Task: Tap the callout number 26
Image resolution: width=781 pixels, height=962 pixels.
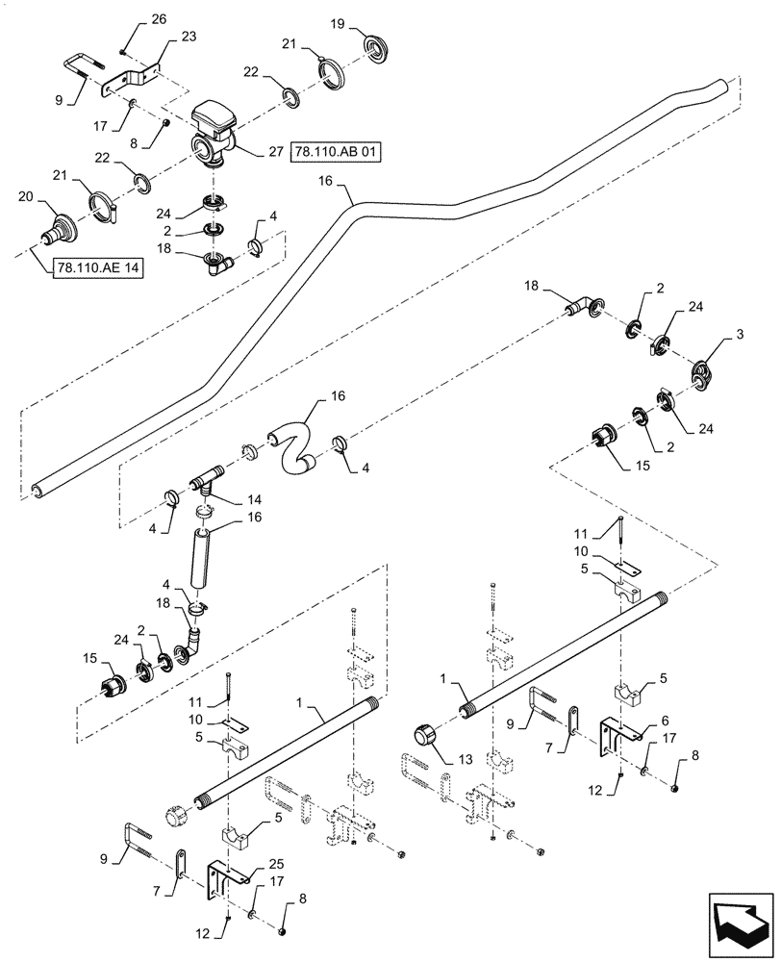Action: pos(159,19)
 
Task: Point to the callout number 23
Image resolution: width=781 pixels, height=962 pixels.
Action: pos(188,37)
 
